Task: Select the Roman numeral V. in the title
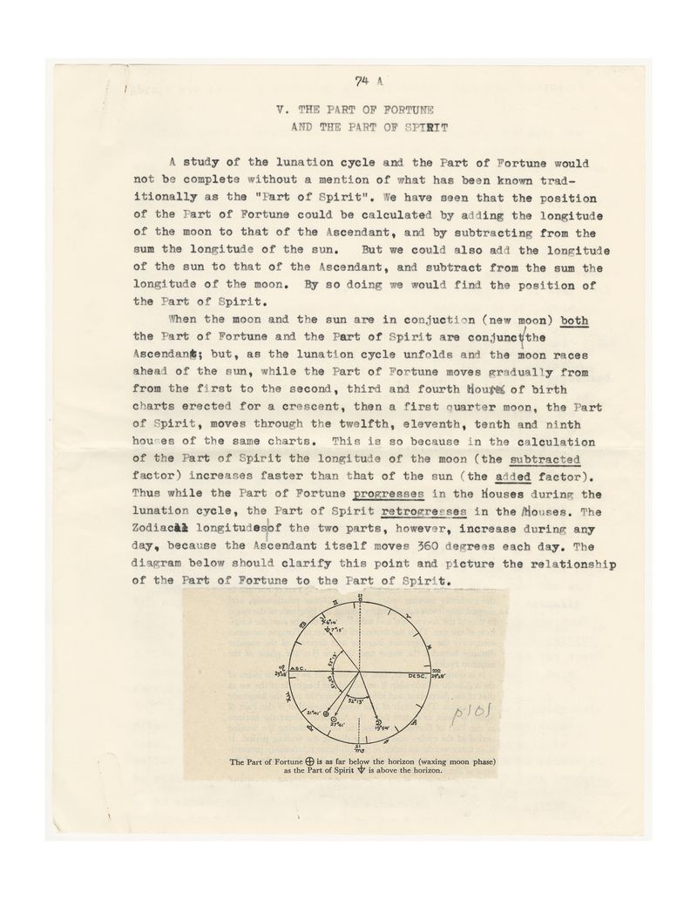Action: [x=281, y=112]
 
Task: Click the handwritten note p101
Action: [x=474, y=716]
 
